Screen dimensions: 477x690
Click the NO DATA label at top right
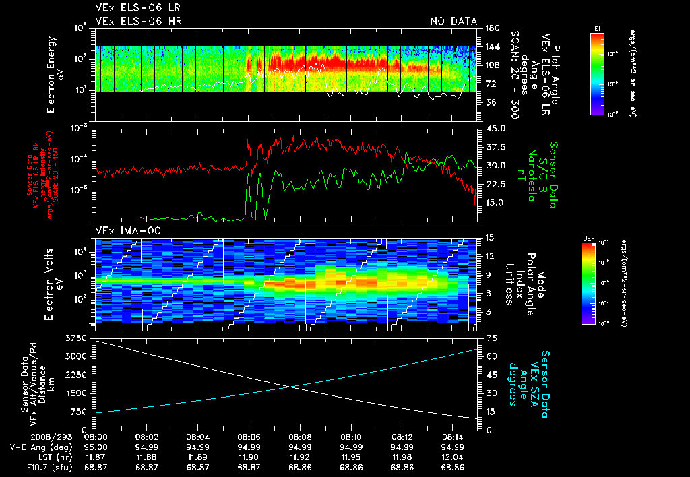coord(453,21)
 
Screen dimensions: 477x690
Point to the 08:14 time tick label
coord(452,437)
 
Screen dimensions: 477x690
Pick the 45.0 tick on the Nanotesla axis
coord(495,129)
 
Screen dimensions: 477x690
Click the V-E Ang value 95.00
coord(97,447)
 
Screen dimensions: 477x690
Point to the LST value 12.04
coord(452,457)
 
